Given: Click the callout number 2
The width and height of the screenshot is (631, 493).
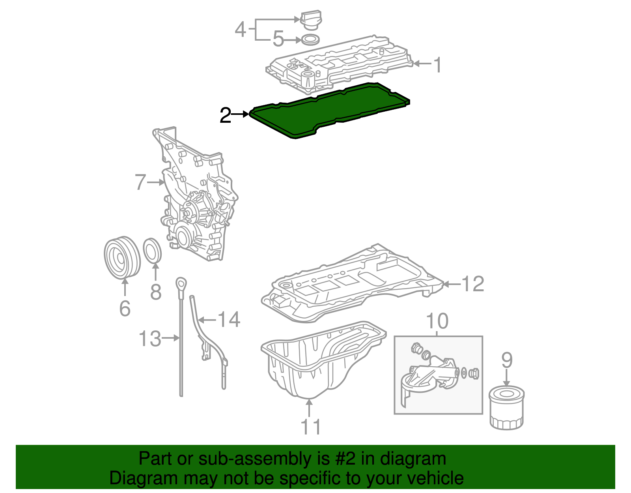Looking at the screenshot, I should [225, 115].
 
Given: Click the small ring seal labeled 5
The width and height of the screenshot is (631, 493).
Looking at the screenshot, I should [310, 40].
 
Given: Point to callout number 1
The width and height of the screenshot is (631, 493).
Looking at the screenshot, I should [437, 65].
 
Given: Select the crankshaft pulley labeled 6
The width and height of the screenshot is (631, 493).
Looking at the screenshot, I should [122, 257].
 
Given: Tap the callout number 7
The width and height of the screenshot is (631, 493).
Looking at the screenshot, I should [140, 182].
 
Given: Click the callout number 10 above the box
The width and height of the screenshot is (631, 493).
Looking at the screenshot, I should [437, 321].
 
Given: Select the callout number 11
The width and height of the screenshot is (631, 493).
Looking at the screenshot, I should [310, 427].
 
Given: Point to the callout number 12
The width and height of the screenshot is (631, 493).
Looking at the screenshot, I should [472, 284].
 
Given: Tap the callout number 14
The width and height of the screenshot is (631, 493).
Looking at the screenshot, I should [229, 319].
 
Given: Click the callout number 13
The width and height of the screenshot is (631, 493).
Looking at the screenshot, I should [150, 339].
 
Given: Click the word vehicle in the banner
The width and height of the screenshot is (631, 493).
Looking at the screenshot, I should [435, 478].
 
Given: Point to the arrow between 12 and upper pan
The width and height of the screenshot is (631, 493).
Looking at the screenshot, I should [452, 284].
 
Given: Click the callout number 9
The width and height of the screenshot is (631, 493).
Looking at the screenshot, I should [507, 360].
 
